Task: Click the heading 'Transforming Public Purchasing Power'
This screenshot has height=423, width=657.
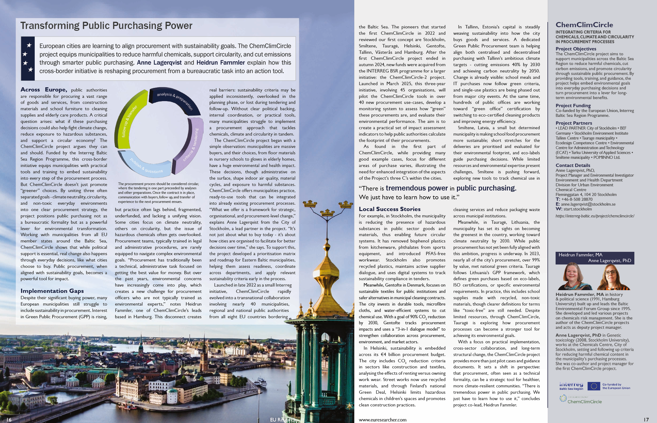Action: click(106, 26)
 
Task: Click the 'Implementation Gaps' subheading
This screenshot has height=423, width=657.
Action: click(52, 291)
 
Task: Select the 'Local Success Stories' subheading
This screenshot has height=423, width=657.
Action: click(389, 209)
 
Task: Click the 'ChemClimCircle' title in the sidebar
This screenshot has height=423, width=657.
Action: click(584, 25)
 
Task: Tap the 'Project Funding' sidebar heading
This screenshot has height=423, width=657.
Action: click(573, 106)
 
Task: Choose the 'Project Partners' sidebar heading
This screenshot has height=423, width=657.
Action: click(573, 123)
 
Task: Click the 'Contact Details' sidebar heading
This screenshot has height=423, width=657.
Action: click(572, 165)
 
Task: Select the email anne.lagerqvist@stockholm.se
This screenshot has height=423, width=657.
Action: click(588, 204)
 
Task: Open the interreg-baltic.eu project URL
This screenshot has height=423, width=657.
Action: click(595, 216)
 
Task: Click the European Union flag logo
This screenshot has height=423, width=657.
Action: click(593, 386)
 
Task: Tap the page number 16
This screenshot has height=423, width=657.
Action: click(9, 420)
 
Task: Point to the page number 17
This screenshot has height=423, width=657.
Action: click(646, 420)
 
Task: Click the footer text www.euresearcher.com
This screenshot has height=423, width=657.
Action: click(382, 420)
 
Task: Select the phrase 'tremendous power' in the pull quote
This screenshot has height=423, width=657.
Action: click(416, 188)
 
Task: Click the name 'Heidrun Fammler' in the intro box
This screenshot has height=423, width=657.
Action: click(220, 63)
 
